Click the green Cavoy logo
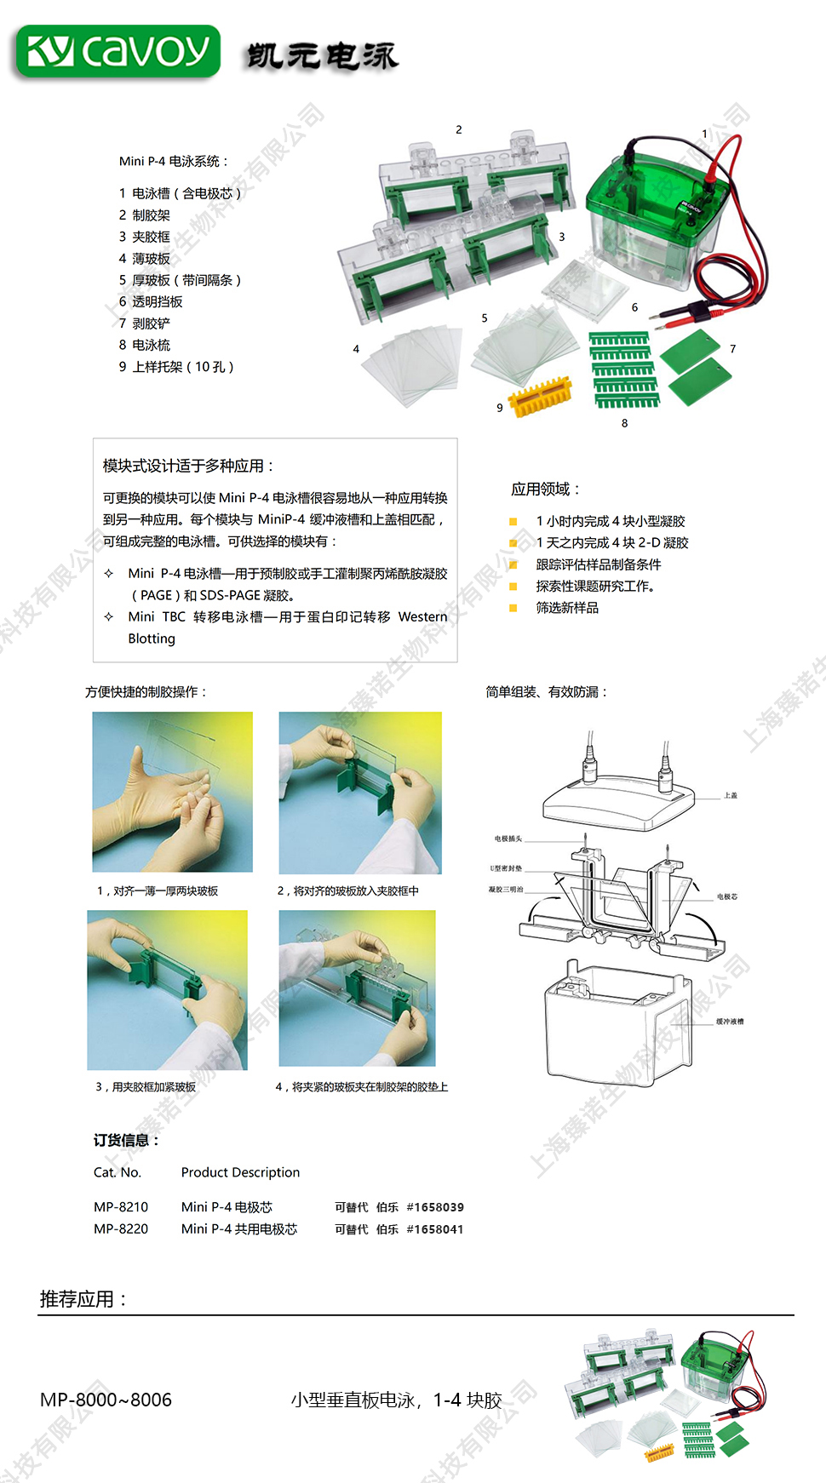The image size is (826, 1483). [x=118, y=52]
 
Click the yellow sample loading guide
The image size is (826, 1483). [x=540, y=396]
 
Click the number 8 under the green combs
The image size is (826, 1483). [x=624, y=423]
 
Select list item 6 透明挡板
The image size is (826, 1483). [x=151, y=301]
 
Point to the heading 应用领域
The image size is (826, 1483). [x=545, y=489]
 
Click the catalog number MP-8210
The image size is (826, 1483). [x=121, y=1207]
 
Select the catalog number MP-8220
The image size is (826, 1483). [x=121, y=1229]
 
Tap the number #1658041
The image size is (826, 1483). [x=435, y=1229]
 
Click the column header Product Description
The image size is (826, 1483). [x=240, y=1172]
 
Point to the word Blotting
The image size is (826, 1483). [x=152, y=638]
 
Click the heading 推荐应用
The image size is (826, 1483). [x=83, y=1299]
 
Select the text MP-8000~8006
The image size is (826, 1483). [x=106, y=1400]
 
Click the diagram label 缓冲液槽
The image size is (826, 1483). [x=730, y=1021]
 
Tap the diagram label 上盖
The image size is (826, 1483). [x=731, y=795]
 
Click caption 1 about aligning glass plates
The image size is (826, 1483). [x=158, y=890]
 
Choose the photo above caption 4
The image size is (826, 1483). [x=357, y=988]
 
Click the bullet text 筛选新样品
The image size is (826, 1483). [x=567, y=608]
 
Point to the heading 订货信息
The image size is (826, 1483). [x=126, y=1140]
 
